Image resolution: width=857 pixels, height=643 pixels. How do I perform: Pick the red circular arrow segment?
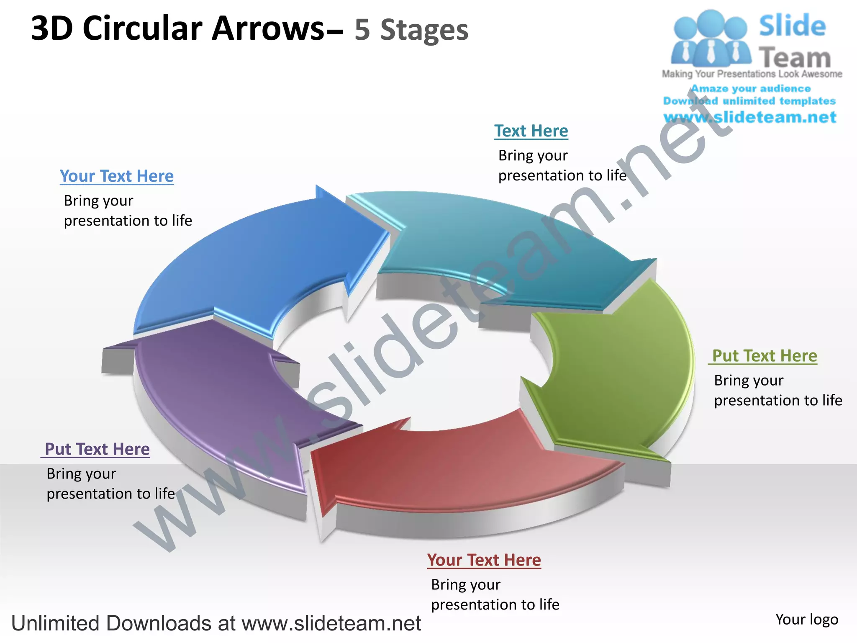click(x=452, y=465)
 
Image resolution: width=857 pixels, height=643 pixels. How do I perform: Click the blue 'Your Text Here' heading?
click(x=116, y=176)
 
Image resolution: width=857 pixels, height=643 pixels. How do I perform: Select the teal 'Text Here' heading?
click(x=531, y=131)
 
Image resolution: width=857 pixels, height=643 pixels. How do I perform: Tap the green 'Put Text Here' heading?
click(x=764, y=356)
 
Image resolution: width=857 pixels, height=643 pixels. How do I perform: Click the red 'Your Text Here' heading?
click(x=484, y=560)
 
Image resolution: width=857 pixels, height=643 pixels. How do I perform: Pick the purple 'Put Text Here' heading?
click(x=97, y=449)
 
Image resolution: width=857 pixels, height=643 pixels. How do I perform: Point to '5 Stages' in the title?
click(x=411, y=30)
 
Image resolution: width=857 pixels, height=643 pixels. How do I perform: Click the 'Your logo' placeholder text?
click(x=806, y=620)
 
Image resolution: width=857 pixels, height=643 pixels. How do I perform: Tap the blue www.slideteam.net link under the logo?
click(x=750, y=117)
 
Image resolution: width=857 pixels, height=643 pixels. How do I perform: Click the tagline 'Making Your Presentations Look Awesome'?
click(x=752, y=74)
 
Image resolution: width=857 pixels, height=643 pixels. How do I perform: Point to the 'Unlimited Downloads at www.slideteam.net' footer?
click(x=216, y=623)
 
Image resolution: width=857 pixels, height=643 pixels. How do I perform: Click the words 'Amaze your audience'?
click(x=751, y=89)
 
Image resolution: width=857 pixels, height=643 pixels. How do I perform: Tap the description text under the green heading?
click(x=777, y=390)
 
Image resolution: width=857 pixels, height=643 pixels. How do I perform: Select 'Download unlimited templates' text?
click(x=749, y=101)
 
